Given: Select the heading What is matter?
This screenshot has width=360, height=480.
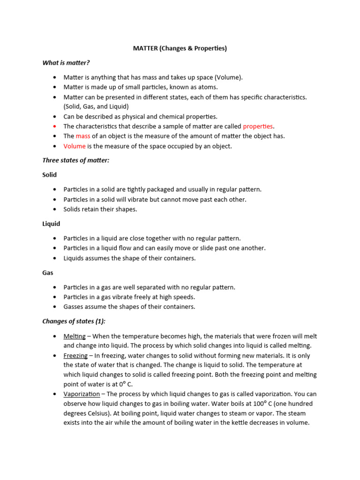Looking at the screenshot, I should (x=66, y=62).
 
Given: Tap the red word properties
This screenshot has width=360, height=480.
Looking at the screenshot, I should (x=258, y=127).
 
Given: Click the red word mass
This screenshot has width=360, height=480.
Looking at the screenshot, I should (x=83, y=136).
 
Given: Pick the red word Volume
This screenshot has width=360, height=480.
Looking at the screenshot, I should (x=75, y=146).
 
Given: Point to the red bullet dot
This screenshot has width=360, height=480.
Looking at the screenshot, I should (x=55, y=127).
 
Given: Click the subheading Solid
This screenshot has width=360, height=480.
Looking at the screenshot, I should (x=49, y=175).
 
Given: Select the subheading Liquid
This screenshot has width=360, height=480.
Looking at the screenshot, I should (x=51, y=224).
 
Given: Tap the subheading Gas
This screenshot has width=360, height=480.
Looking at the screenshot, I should (x=48, y=273).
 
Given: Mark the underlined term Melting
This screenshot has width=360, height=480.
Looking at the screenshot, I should (x=75, y=336).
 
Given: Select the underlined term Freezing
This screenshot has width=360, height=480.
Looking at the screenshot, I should (x=75, y=356).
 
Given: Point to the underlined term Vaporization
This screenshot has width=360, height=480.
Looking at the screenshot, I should (x=82, y=394).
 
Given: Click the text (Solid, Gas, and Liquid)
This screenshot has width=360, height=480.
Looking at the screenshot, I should (x=96, y=107).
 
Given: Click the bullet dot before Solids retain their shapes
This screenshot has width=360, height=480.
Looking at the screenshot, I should (x=55, y=210).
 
